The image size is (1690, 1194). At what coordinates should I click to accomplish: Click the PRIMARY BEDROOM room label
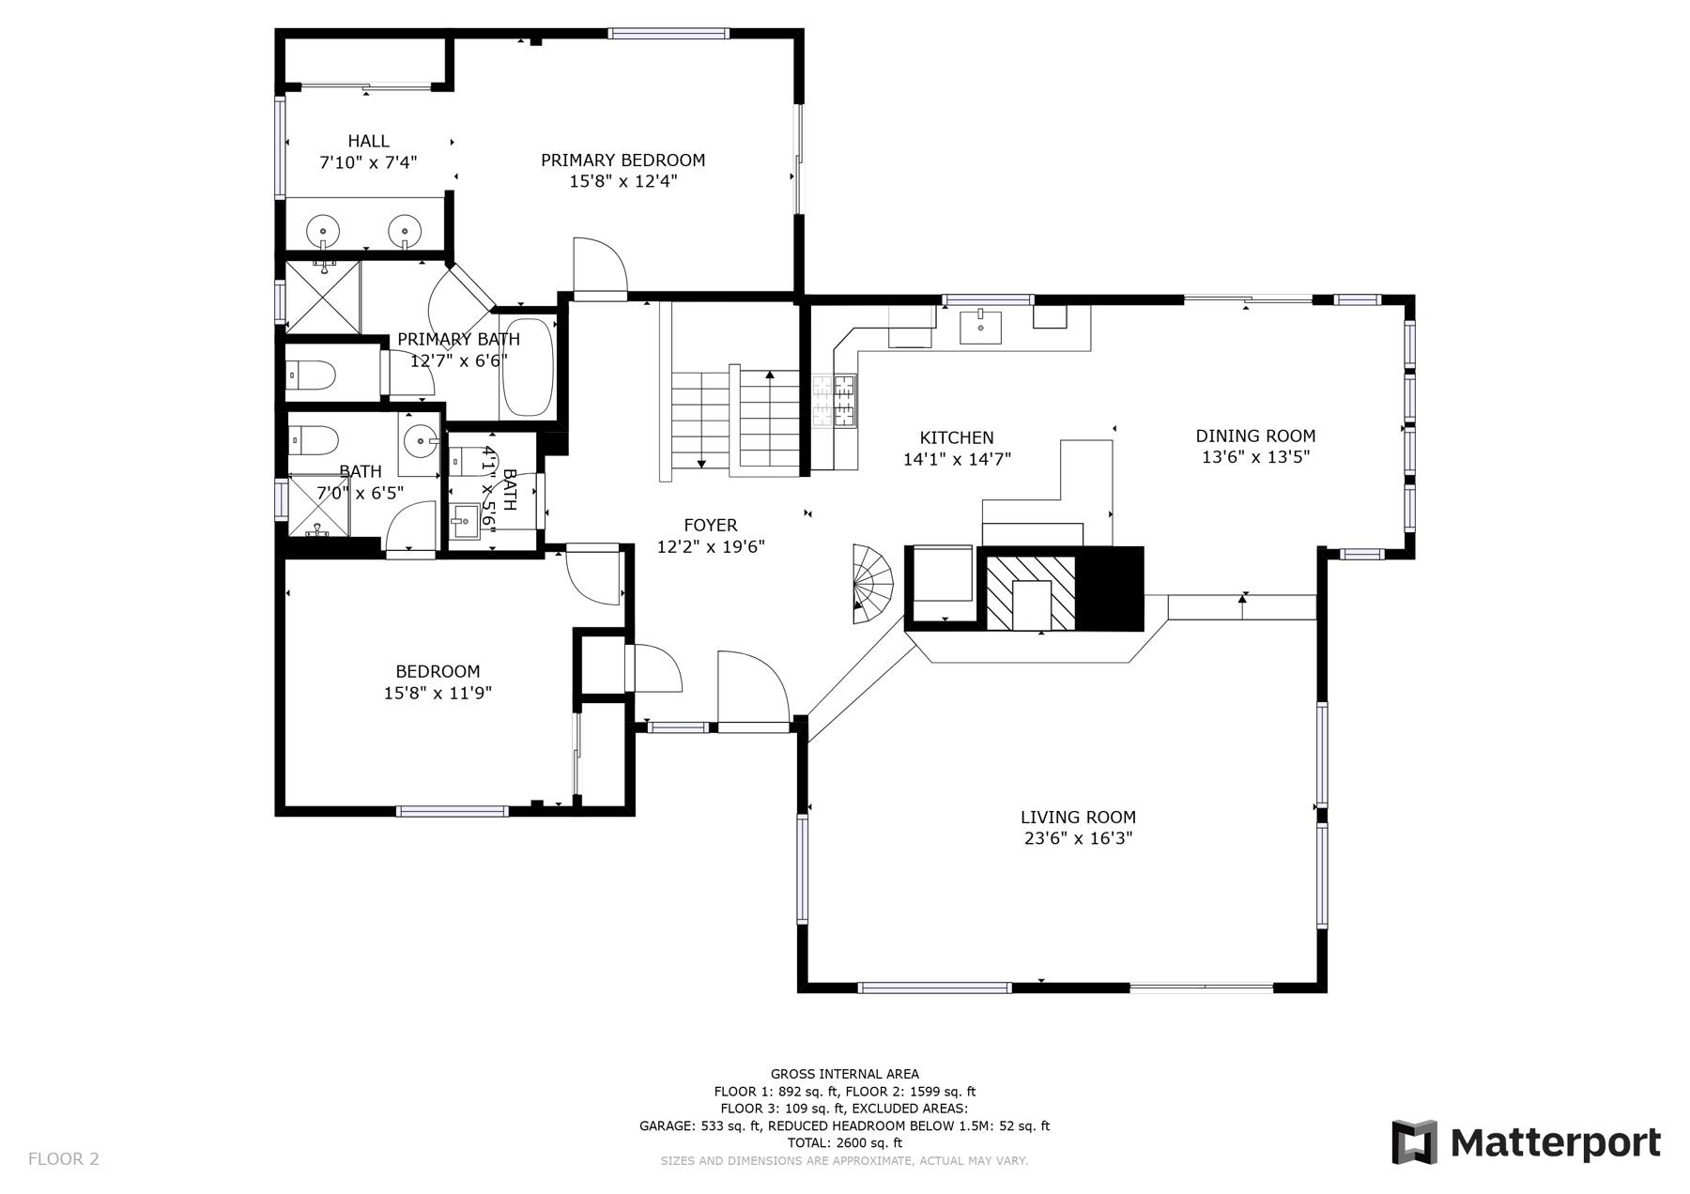coord(622,161)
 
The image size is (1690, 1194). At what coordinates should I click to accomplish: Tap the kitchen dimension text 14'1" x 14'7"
coord(956,460)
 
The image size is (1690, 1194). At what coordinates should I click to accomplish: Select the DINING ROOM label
coord(1255,436)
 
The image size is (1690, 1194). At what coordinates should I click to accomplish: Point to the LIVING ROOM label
coord(1078,818)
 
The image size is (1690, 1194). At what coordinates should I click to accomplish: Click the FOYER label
coord(710,526)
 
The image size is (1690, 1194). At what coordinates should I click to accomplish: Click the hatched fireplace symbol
coord(1030,592)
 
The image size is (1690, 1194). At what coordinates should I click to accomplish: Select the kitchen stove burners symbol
coord(835,401)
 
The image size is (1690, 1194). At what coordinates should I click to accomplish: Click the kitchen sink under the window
coord(980,327)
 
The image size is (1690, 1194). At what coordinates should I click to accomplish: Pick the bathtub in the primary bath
coord(527,368)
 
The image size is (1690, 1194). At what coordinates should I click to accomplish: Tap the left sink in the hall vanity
coord(324,229)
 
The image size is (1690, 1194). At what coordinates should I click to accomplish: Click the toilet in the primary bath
coord(312,375)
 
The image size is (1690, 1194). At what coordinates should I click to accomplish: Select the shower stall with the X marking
coord(322,298)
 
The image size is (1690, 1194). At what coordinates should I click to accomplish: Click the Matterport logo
coord(1526,1142)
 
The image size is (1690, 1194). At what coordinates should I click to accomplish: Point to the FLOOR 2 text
coord(63,1159)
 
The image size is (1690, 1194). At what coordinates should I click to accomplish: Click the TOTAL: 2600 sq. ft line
coord(844,1143)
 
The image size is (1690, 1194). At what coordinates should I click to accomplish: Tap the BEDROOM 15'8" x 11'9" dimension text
coord(438,694)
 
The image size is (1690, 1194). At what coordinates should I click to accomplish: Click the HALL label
coord(368,142)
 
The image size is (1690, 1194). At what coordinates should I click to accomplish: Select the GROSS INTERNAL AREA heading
coord(844,1074)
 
